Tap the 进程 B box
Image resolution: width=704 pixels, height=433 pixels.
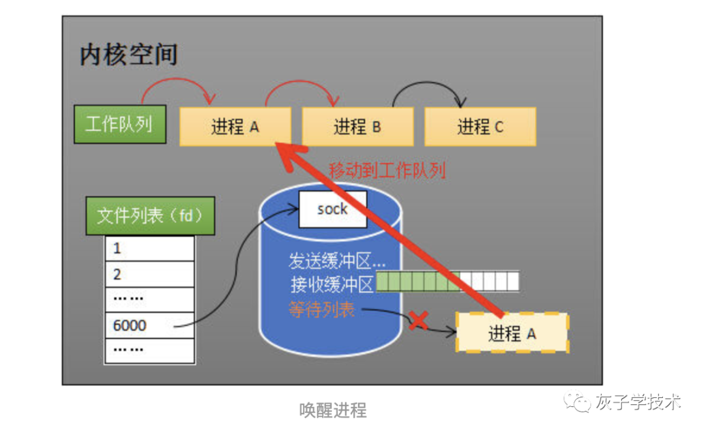pyautogui.click(x=357, y=127)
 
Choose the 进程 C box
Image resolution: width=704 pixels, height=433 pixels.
pyautogui.click(x=480, y=127)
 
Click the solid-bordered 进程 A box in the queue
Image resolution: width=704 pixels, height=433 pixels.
pyautogui.click(x=235, y=127)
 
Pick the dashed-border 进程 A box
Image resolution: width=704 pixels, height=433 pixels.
pyautogui.click(x=512, y=333)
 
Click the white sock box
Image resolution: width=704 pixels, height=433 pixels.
pyautogui.click(x=332, y=209)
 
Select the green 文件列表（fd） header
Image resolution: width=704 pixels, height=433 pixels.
pyautogui.click(x=150, y=216)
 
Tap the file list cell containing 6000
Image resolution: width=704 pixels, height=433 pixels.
pyautogui.click(x=149, y=325)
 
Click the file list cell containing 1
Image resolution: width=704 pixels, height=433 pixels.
pyautogui.click(x=149, y=248)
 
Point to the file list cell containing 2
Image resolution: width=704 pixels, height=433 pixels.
pyautogui.click(x=149, y=274)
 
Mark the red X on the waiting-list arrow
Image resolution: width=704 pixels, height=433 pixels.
pyautogui.click(x=418, y=320)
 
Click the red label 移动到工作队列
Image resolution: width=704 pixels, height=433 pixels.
pyautogui.click(x=387, y=171)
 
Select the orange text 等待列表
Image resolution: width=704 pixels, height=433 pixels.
pyautogui.click(x=321, y=309)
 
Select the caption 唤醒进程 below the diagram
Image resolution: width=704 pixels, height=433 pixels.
pyautogui.click(x=332, y=410)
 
